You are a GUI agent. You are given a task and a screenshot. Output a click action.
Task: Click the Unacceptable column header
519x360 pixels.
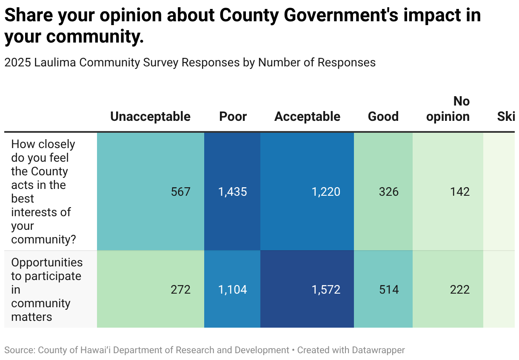pyautogui.click(x=150, y=117)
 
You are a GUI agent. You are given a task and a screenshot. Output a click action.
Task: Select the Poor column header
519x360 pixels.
pyautogui.click(x=233, y=117)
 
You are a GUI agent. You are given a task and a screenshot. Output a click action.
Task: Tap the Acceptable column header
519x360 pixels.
pyautogui.click(x=307, y=117)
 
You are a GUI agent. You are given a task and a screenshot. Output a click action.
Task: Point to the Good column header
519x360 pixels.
pyautogui.click(x=383, y=117)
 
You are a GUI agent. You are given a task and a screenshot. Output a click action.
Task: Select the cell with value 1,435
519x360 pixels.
pyautogui.click(x=233, y=192)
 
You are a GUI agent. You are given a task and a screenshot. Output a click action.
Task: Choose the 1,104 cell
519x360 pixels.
pyautogui.click(x=233, y=290)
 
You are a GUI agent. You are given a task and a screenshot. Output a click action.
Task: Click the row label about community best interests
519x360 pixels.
pyautogui.click(x=43, y=192)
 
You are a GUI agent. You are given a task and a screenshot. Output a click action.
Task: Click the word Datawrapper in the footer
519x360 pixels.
pyautogui.click(x=378, y=350)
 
